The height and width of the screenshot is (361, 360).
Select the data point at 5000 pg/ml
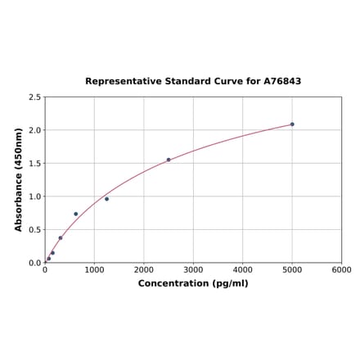pos(292,124)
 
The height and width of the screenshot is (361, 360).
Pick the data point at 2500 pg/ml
pos(169,160)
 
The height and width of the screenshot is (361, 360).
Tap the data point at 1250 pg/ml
pos(106,199)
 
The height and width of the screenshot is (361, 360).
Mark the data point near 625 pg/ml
pos(76,214)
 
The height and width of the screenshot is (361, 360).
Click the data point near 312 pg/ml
pos(61,238)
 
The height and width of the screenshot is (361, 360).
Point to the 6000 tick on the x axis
pos(341,269)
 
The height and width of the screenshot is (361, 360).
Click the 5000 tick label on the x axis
pos(292,269)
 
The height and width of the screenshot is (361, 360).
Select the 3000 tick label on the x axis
pos(193,269)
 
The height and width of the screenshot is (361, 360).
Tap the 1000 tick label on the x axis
pos(94,269)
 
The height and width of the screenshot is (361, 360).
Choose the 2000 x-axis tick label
pos(144,269)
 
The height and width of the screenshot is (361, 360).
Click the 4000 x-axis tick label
pos(243,269)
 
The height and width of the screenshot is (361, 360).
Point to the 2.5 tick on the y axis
pos(35,97)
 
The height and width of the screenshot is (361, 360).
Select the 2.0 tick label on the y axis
pos(35,130)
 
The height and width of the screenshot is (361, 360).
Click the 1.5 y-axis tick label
pos(35,164)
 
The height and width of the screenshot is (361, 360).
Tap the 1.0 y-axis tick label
pos(35,196)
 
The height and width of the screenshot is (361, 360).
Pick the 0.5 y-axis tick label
pos(35,230)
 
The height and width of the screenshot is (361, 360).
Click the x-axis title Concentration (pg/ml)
pos(193,283)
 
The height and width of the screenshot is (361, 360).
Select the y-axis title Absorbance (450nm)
pos(18,179)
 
